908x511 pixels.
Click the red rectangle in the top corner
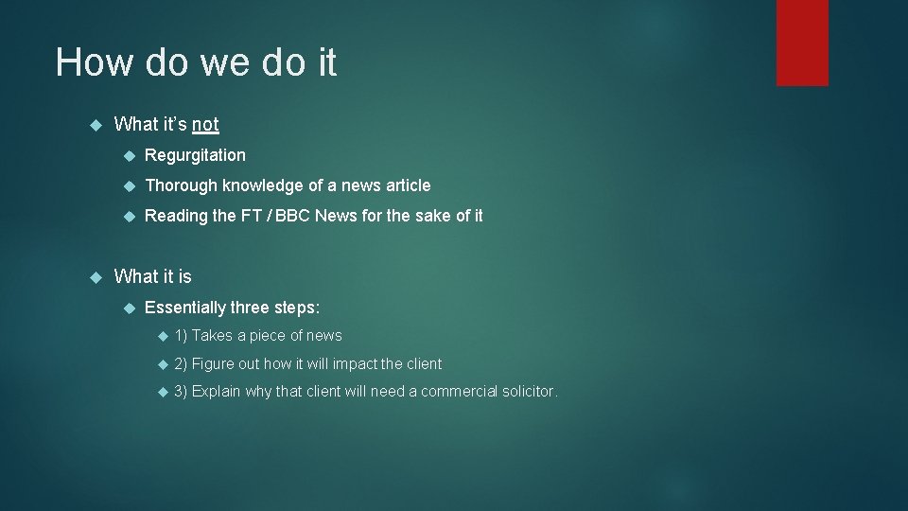coord(802,42)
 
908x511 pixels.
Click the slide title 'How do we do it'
coord(196,62)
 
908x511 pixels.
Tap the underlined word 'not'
coord(205,124)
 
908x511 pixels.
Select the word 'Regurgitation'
coord(195,155)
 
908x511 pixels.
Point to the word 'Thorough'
coord(180,185)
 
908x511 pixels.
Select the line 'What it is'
coord(152,276)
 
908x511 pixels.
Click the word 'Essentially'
coord(186,308)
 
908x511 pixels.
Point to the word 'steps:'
coord(297,308)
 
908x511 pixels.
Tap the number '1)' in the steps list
coord(182,336)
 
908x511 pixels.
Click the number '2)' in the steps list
coord(182,364)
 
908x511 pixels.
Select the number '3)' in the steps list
coord(182,392)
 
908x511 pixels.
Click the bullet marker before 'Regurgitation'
coord(130,156)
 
